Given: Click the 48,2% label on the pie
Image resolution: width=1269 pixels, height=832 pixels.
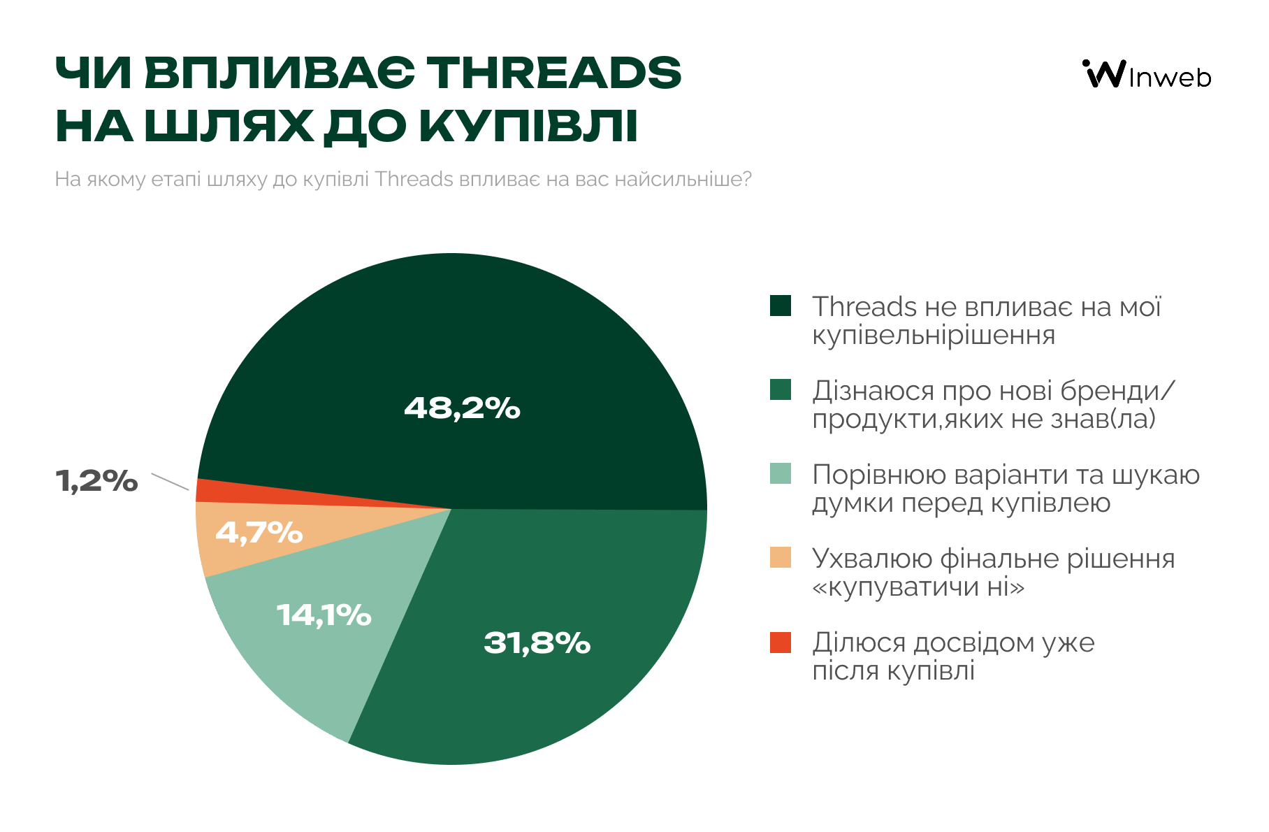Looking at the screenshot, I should pyautogui.click(x=462, y=408).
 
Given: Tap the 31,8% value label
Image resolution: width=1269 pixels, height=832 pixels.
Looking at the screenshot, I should pyautogui.click(x=537, y=643).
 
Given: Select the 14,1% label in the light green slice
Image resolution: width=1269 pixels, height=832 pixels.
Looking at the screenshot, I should pyautogui.click(x=324, y=615).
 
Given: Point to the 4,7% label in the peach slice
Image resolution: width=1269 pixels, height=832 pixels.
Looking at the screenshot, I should pyautogui.click(x=259, y=533).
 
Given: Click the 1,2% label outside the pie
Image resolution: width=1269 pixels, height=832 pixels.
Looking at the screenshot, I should pyautogui.click(x=96, y=481).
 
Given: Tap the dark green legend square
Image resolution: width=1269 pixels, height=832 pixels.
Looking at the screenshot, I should pyautogui.click(x=781, y=306).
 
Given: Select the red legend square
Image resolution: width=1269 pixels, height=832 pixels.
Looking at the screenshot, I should pyautogui.click(x=781, y=642).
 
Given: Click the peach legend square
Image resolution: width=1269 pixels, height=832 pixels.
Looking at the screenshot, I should pyautogui.click(x=781, y=558).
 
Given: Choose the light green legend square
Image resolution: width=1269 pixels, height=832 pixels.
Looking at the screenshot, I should pyautogui.click(x=781, y=474).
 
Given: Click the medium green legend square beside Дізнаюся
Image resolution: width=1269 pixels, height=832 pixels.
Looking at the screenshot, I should pyautogui.click(x=781, y=390).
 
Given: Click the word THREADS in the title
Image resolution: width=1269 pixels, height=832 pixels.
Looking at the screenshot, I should pyautogui.click(x=553, y=73).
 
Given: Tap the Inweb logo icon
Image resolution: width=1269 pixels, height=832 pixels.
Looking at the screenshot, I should pyautogui.click(x=1104, y=73).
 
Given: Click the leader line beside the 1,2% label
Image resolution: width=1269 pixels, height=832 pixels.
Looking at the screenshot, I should pyautogui.click(x=170, y=482).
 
